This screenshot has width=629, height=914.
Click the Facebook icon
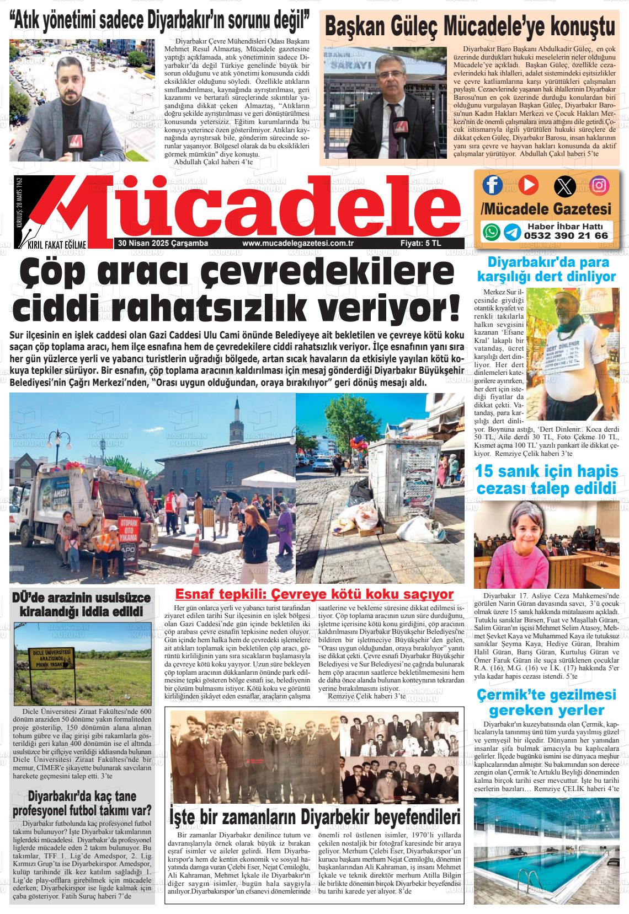coord(492,185)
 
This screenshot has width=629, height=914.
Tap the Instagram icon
coord(599,185)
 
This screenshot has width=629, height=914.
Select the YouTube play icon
coord(527,185)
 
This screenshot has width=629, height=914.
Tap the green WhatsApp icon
coord(491,232)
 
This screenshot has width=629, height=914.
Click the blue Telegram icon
coord(511,232)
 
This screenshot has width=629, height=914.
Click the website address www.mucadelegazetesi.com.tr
coord(297,243)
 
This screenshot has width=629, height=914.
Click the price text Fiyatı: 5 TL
coord(420,243)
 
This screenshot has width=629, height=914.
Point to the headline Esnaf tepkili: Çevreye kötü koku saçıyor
coord(313,594)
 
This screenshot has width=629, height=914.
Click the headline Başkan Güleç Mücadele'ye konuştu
coord(470,26)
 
